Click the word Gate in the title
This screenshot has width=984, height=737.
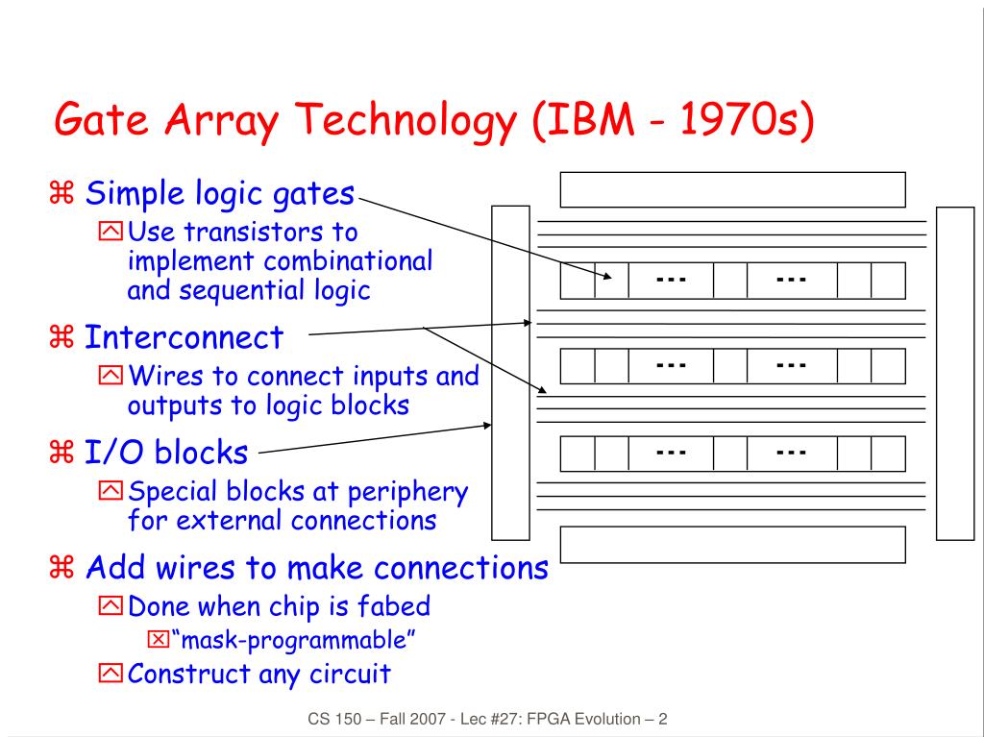(102, 119)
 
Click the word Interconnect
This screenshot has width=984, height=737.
(184, 337)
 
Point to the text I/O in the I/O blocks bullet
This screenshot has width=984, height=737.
(113, 452)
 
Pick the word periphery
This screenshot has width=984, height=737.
(407, 493)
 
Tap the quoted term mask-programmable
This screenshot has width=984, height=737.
(293, 640)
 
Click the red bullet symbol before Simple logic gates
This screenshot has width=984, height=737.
(61, 193)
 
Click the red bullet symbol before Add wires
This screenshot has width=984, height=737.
(61, 567)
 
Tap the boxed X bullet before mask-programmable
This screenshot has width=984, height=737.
(159, 640)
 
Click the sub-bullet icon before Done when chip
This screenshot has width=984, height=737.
(111, 605)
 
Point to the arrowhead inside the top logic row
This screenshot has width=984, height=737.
(607, 276)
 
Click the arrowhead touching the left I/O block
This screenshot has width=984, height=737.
(487, 426)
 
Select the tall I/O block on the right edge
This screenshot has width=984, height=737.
(954, 374)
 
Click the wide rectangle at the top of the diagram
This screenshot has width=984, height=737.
(732, 189)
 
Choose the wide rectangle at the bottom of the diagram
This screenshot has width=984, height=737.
(732, 545)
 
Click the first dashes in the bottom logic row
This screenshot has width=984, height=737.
(671, 452)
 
